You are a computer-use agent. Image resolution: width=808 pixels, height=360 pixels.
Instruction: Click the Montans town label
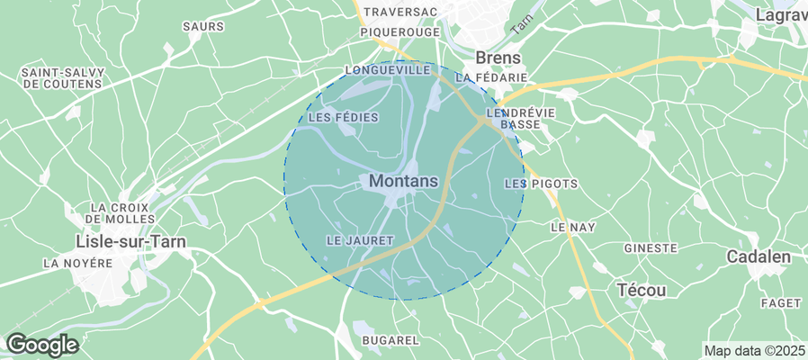pyautogui.click(x=403, y=181)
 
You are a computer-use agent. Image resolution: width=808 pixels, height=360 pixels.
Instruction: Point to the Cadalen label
pyautogui.click(x=759, y=257)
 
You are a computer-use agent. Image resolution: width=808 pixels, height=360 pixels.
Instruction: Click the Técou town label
pyautogui.click(x=642, y=290)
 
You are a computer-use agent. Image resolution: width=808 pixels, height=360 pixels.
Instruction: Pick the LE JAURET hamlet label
pyautogui.click(x=360, y=240)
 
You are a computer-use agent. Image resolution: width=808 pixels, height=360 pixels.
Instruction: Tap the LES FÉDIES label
pyautogui.click(x=343, y=118)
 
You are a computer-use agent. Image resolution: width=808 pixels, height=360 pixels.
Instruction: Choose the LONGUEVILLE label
pyautogui.click(x=388, y=69)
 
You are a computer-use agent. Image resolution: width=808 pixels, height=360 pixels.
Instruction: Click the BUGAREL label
pyautogui.click(x=390, y=340)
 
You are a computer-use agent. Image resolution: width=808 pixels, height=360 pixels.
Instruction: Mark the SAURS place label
pyautogui.click(x=202, y=27)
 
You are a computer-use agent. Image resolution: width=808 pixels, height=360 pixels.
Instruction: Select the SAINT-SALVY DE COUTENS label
pyautogui.click(x=60, y=78)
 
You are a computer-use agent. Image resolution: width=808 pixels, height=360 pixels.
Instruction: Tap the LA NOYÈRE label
pyautogui.click(x=77, y=264)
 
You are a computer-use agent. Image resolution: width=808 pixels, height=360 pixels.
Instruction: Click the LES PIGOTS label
pyautogui.click(x=541, y=184)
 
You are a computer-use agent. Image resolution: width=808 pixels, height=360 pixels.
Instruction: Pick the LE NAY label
pyautogui.click(x=572, y=228)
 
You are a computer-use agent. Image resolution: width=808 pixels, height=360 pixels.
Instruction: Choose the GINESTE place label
pyautogui.click(x=650, y=247)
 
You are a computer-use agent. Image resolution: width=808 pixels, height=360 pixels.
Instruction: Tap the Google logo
pyautogui.click(x=41, y=344)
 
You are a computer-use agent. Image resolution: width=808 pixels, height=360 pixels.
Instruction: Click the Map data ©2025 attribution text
pyautogui.click(x=754, y=350)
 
